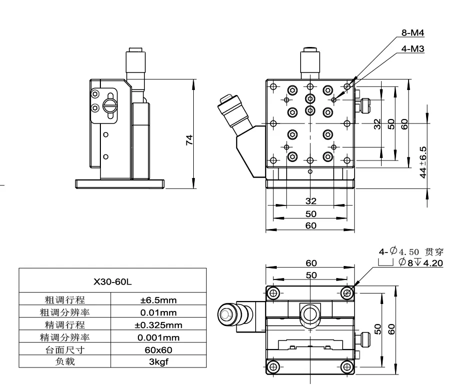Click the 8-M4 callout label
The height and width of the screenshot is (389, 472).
[x=413, y=33]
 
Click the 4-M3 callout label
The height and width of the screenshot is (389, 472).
[x=413, y=49]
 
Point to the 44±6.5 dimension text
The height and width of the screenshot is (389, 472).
[x=424, y=162]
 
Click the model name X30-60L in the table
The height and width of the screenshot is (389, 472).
[x=112, y=281]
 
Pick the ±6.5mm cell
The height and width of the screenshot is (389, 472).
[x=158, y=300]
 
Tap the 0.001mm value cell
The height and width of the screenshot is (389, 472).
[x=158, y=337]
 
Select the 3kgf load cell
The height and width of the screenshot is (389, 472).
[x=158, y=361]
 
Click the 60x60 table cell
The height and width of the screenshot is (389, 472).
[x=158, y=349]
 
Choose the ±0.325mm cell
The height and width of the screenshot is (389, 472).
[x=158, y=325]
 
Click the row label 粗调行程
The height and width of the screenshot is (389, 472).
[x=65, y=300]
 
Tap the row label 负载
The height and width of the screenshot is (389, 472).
[x=65, y=361]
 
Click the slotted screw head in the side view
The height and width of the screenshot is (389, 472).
[x=110, y=105]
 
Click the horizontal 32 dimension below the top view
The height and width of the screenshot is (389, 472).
[x=311, y=201]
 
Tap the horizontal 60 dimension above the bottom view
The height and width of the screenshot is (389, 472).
[x=311, y=263]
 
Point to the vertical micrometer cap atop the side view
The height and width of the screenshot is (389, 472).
[x=135, y=60]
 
